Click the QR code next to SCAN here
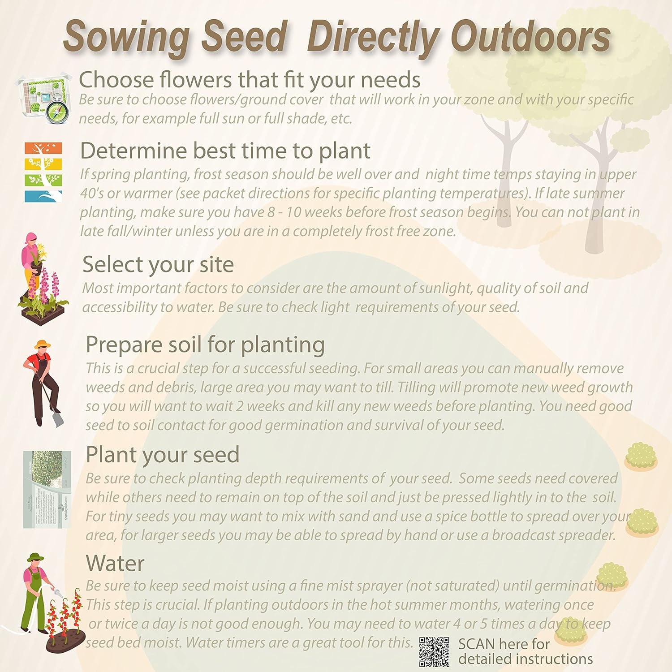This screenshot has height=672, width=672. click(x=435, y=652)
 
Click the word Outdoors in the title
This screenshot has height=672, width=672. click(x=531, y=37)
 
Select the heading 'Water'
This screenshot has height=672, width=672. click(x=115, y=563)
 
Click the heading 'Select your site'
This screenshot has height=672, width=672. click(x=158, y=264)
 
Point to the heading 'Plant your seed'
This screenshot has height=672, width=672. click(x=163, y=455)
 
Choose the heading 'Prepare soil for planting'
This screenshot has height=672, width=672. click(x=205, y=345)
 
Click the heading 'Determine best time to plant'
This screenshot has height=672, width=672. click(x=225, y=151)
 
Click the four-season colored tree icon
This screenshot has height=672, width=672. click(x=43, y=172)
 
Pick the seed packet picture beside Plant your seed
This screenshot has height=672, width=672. click(x=47, y=489)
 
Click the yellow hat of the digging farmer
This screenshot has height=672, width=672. click(x=43, y=345)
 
